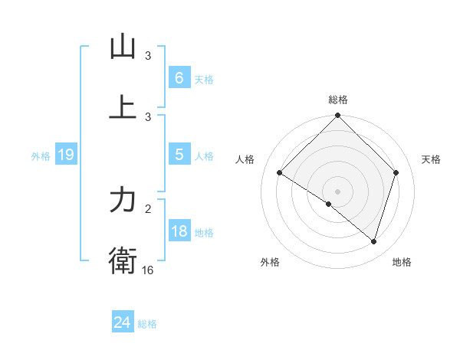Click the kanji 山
point(123,47)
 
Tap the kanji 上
point(123,107)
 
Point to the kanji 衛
point(123,260)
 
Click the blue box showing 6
point(179,77)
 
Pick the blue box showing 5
point(179,155)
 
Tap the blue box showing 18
point(179,232)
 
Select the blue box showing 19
point(65,155)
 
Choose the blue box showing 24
point(122,322)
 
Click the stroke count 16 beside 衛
point(148,270)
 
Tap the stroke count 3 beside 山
point(148,56)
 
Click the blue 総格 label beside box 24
point(147,324)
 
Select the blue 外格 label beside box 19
point(41,156)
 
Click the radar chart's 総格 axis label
point(338,100)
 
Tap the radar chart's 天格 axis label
point(431,159)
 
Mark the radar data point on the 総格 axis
point(338,116)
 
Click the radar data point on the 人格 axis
point(280,173)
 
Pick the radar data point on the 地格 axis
point(373,242)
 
